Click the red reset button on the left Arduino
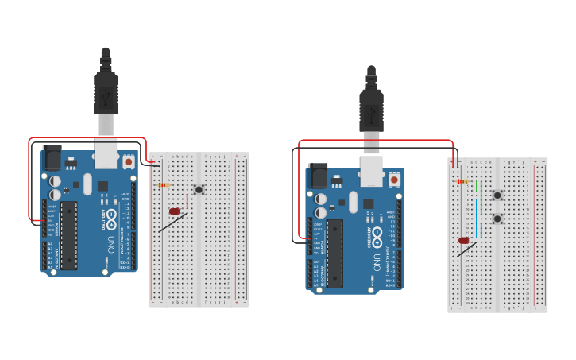129,162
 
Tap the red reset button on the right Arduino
394,180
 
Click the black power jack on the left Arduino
52,157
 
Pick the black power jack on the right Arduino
317,176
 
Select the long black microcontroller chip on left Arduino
69,234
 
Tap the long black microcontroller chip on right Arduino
334,254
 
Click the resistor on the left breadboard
164,185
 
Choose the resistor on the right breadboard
463,181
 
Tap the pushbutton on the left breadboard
199,190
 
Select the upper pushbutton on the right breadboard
497,195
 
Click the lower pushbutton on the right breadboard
497,219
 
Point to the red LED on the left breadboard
174,211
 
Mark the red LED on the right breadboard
464,240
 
